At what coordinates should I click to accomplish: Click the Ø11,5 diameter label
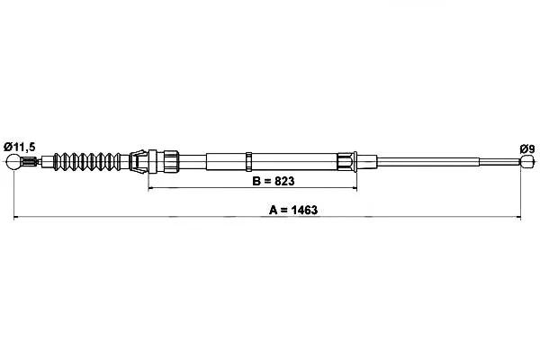pyautogui.click(x=19, y=147)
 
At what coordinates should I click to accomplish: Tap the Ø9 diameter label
pyautogui.click(x=526, y=149)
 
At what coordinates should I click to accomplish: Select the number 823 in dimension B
pyautogui.click(x=284, y=181)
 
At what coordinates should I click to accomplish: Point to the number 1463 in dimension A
pyautogui.click(x=304, y=210)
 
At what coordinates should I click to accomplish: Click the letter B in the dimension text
pyautogui.click(x=256, y=181)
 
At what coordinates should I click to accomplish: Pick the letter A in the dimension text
pyautogui.click(x=273, y=210)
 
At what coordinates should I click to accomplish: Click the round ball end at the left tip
pyautogui.click(x=13, y=162)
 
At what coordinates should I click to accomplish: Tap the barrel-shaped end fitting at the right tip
pyautogui.click(x=526, y=161)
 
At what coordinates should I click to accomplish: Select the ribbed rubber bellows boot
pyautogui.click(x=87, y=161)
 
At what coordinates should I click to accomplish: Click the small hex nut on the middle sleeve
pyautogui.click(x=248, y=161)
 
